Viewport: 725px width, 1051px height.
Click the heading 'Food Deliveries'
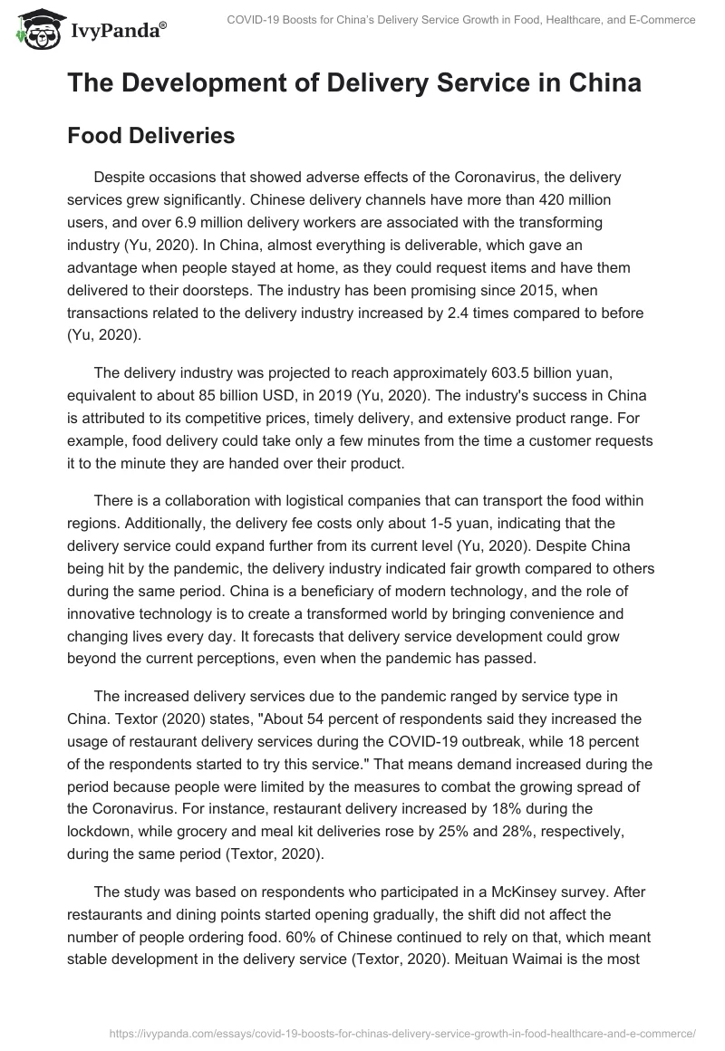[x=150, y=136]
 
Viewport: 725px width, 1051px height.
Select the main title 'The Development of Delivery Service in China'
[x=354, y=83]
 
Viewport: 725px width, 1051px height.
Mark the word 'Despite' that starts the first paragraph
[x=120, y=179]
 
